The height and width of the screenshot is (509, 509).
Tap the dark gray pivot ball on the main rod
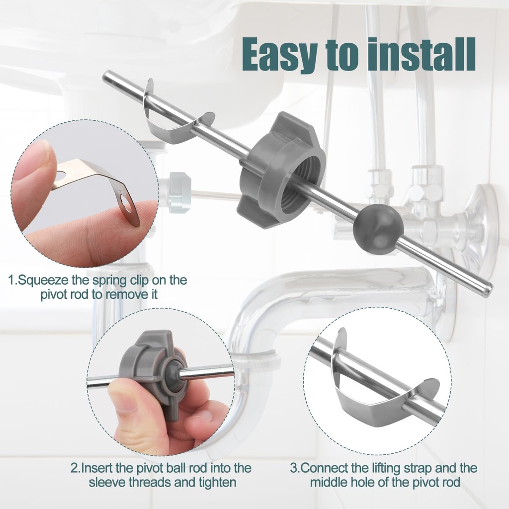(x=378, y=229)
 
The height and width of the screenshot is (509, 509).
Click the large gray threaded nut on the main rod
(x=281, y=169)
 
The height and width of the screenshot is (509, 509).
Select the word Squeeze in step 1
(x=44, y=280)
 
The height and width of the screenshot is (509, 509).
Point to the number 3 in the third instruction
(x=294, y=468)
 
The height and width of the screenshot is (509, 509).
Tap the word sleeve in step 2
(x=106, y=482)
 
